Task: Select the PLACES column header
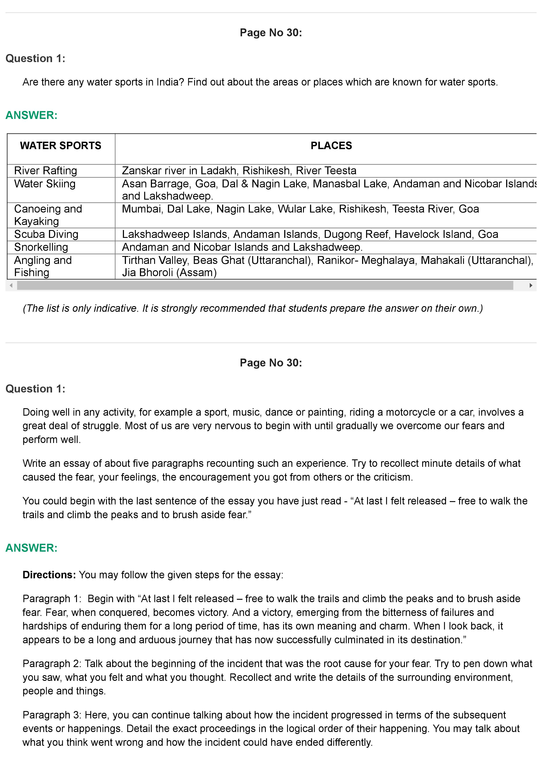[x=331, y=146]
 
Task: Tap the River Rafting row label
[x=45, y=171]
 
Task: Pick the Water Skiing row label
[x=45, y=184]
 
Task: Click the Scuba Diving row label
[x=46, y=234]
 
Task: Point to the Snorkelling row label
[x=41, y=247]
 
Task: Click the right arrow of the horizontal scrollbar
[x=531, y=285]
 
